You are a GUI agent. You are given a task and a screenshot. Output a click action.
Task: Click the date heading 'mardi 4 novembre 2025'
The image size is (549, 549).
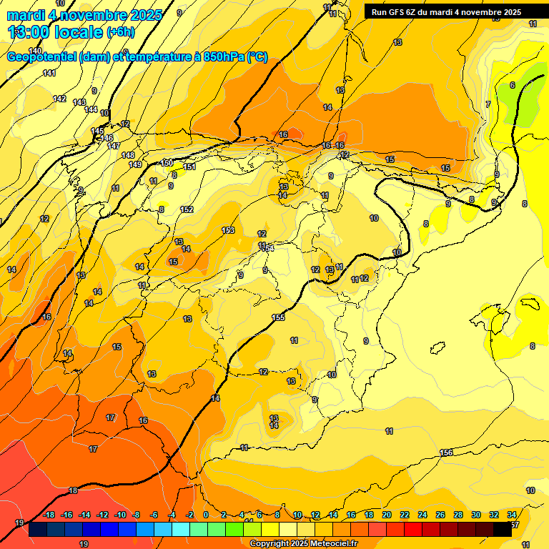point(84,14)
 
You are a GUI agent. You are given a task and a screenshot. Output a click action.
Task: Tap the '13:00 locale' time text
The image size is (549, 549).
point(55,31)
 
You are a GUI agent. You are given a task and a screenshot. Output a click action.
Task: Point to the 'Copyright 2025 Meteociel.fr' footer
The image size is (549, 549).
point(303,544)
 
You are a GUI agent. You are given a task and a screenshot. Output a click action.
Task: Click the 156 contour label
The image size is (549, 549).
point(446,453)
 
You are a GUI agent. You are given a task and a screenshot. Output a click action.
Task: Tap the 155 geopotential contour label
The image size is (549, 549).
point(278,317)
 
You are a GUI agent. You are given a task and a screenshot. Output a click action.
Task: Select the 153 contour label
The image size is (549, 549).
point(228,230)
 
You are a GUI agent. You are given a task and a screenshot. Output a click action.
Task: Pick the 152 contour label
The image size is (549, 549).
point(187,209)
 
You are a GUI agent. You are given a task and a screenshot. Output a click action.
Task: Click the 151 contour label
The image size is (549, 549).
point(189,167)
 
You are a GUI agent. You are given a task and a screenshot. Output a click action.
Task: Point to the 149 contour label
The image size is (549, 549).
point(135,164)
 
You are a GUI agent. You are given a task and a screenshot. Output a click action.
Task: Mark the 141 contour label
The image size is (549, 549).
point(49,74)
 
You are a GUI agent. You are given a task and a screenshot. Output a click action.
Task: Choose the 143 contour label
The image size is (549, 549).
point(79,102)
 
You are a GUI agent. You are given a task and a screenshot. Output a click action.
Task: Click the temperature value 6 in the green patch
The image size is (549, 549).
point(512,85)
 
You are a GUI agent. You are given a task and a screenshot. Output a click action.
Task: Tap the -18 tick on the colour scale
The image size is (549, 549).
point(49,515)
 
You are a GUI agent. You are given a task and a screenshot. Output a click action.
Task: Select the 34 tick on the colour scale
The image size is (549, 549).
point(512,515)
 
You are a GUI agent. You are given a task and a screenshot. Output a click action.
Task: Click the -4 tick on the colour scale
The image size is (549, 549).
point(172,515)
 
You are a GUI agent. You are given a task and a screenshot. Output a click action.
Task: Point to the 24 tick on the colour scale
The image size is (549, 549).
point(422,515)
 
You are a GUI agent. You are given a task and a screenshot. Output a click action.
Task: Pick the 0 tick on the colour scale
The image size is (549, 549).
point(206,515)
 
